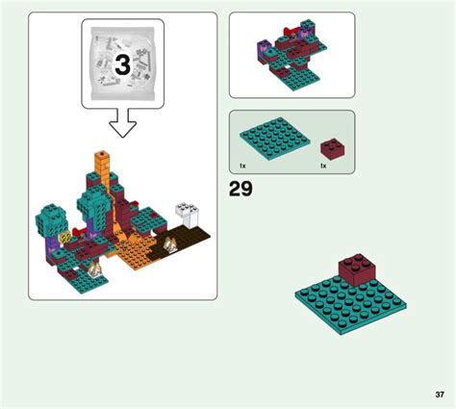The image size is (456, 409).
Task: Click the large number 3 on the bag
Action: pos(123,64)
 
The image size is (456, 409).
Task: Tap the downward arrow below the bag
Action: pos(123,123)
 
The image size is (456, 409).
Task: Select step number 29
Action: pos(241,189)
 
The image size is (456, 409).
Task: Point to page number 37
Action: pos(440,395)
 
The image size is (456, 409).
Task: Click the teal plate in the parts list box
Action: pos(275,139)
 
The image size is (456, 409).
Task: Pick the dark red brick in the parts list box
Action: pos(333,149)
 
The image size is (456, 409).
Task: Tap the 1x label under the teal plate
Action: pos(242,166)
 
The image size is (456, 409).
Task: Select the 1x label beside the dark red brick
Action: pos(323,166)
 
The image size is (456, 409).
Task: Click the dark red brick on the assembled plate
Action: pos(358,269)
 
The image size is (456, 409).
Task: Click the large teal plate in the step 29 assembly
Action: pos(350,305)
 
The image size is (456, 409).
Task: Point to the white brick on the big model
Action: pos(188,215)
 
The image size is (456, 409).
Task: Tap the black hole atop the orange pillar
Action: pos(102,154)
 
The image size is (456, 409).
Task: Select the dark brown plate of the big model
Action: pos(181,243)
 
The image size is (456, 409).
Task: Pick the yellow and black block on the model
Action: pos(64,238)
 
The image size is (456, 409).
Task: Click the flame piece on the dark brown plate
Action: pos(169,245)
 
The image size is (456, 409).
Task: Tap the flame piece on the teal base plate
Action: pos(95,268)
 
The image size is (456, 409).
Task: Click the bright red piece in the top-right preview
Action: pos(291,33)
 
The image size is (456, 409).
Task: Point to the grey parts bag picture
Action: pos(123,64)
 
